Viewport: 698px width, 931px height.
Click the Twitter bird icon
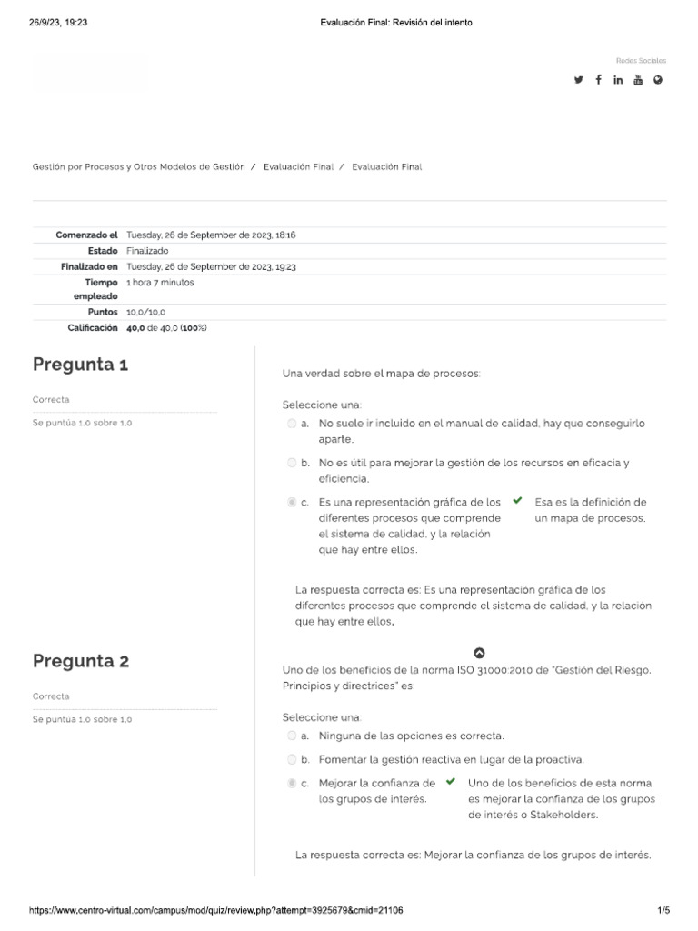coord(578,80)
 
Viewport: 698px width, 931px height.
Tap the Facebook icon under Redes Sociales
coord(598,80)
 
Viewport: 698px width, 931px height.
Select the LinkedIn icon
coord(618,80)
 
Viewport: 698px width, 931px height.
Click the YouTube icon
coord(638,80)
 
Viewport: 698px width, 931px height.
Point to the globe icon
coord(658,80)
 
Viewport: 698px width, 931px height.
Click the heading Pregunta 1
coord(81,365)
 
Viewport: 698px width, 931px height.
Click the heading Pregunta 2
coord(81,661)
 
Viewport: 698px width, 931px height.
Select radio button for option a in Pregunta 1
coord(291,424)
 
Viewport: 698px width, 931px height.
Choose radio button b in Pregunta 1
coord(291,463)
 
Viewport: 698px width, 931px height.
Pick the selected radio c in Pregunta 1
coord(291,502)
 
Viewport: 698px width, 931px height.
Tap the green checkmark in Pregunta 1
coord(517,500)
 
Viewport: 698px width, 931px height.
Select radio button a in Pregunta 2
coord(291,736)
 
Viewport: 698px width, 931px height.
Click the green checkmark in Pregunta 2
coord(450,781)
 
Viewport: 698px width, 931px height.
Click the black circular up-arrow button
coord(480,652)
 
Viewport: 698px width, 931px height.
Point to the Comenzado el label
coord(87,235)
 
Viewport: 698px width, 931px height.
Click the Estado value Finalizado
coord(147,251)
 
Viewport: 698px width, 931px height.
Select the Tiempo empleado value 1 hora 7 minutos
coord(160,283)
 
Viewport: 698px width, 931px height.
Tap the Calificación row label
coord(94,327)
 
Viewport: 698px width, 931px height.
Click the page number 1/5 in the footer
coord(663,910)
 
